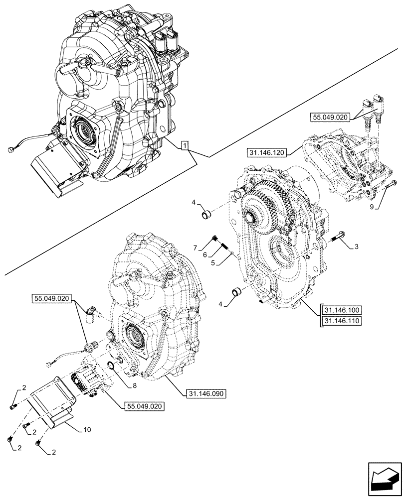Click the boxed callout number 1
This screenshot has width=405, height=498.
(185, 145)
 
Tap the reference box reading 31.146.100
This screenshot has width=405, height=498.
(342, 309)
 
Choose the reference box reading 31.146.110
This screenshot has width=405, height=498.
(342, 321)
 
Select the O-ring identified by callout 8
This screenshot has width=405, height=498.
(112, 367)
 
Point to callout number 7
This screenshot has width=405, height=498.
(196, 247)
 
